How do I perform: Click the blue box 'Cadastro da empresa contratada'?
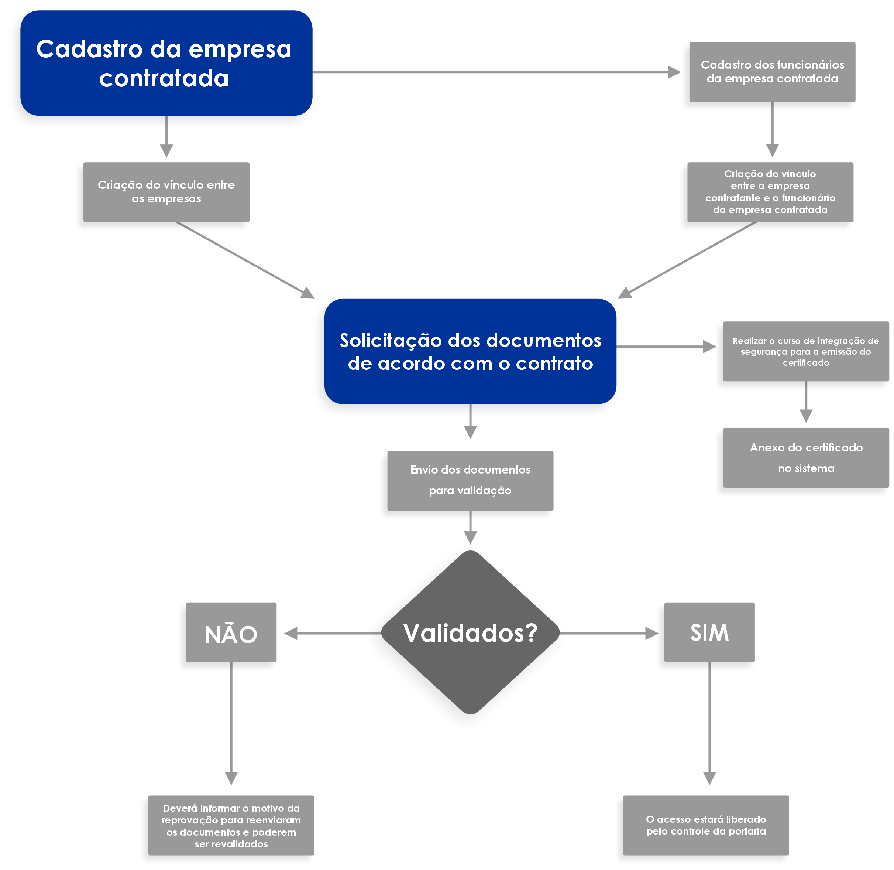[x=166, y=63]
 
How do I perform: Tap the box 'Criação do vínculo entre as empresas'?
[x=166, y=192]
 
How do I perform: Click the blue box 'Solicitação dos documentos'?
[x=470, y=351]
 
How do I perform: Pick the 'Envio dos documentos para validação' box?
[x=470, y=480]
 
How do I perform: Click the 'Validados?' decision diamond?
[x=470, y=632]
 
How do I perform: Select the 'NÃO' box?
[x=231, y=632]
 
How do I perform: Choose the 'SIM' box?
[x=709, y=632]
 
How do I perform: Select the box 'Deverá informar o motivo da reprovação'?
[x=231, y=825]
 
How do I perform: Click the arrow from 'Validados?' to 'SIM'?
[x=609, y=633]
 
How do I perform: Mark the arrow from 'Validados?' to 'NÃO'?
[x=333, y=633]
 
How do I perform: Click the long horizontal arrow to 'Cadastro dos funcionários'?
[x=496, y=72]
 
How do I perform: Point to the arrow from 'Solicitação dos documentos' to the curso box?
[x=666, y=347]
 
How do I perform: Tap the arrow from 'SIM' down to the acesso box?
[x=709, y=723]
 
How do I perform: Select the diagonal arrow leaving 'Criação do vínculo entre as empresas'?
[x=245, y=260]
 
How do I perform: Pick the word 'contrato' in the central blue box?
[x=554, y=363]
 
